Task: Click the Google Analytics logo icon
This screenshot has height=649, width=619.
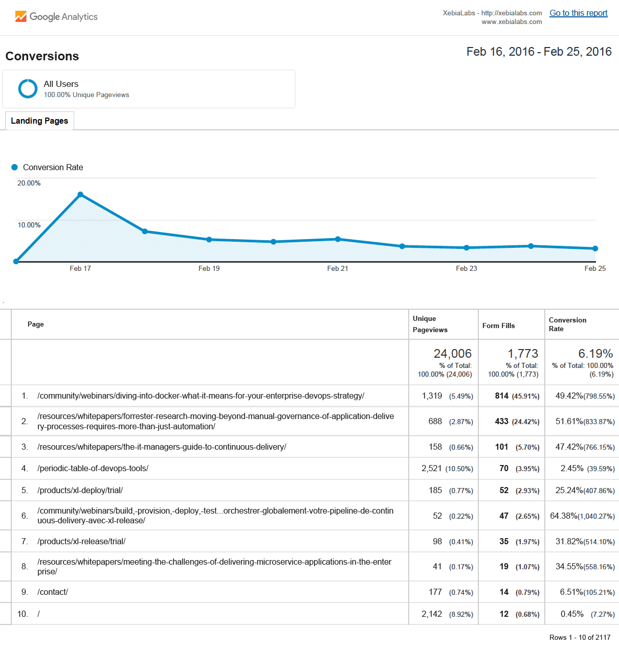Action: [20, 16]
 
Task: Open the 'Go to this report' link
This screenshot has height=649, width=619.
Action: [578, 13]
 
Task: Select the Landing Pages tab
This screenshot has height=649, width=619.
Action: [39, 121]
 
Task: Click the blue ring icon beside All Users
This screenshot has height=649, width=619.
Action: [28, 88]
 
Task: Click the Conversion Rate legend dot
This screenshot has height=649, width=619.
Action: [14, 167]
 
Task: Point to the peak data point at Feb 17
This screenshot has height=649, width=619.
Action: [80, 195]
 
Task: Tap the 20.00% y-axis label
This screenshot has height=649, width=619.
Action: [29, 183]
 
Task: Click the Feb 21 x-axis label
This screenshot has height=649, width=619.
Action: [337, 268]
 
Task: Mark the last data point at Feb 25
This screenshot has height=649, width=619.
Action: [595, 249]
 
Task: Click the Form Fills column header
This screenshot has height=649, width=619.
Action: [498, 326]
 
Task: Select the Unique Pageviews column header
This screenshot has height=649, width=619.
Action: [430, 324]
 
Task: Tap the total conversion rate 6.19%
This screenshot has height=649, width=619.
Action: [595, 354]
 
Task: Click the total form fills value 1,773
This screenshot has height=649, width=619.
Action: [522, 354]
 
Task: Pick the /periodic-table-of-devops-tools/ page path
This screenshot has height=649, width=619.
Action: [93, 469]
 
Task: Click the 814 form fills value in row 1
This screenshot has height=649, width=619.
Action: [501, 396]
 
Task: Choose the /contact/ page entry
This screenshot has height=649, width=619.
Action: [52, 592]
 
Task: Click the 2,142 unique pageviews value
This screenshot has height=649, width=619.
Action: [431, 614]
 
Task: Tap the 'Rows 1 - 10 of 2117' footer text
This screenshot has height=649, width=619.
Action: [580, 637]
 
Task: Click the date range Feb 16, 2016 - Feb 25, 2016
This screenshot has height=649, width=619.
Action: [539, 52]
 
